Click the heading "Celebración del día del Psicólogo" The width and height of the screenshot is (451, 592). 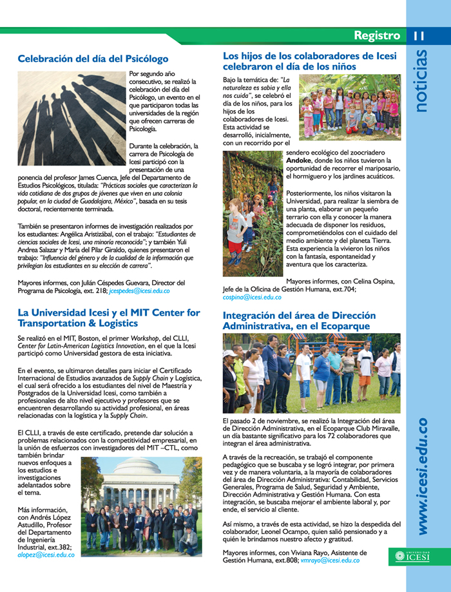[93, 59]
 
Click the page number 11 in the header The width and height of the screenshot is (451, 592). [419, 35]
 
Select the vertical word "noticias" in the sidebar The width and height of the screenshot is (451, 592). [422, 84]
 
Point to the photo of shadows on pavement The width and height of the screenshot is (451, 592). [71, 119]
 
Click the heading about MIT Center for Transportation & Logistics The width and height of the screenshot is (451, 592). [109, 318]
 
